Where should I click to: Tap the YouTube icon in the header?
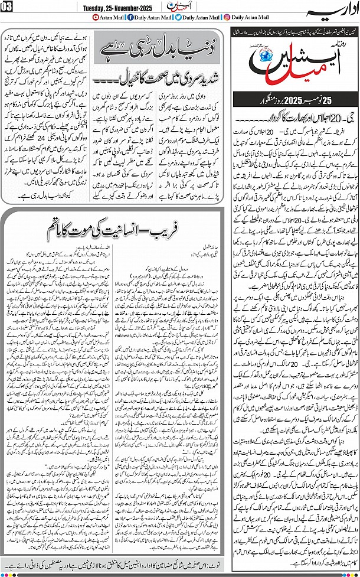click(x=97, y=17)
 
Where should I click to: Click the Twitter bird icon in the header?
click(x=179, y=17)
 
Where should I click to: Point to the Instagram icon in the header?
click(x=227, y=17)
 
